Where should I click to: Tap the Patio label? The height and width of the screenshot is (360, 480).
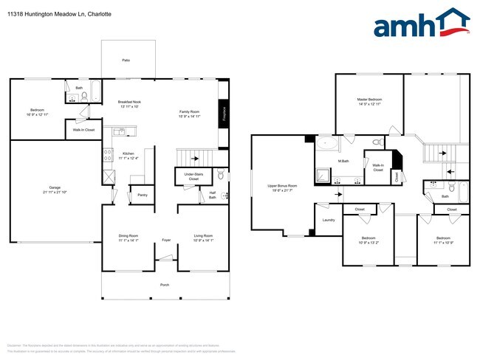(126, 60)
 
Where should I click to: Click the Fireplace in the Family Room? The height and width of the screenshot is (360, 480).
(223, 114)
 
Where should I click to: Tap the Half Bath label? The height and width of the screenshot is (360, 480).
(212, 195)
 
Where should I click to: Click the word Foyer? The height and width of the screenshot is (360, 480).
(166, 239)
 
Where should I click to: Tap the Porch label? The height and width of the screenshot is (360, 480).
(164, 284)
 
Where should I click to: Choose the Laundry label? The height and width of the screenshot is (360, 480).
(329, 220)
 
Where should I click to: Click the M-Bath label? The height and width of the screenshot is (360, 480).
(343, 161)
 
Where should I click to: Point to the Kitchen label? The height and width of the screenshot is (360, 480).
(128, 154)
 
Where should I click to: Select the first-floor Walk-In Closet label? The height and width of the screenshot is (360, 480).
(83, 130)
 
